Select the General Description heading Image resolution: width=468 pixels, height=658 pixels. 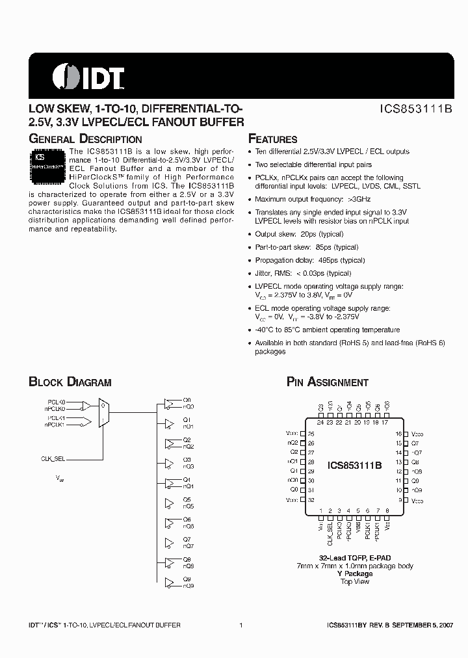(x=85, y=139)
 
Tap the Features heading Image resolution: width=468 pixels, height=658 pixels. (x=273, y=139)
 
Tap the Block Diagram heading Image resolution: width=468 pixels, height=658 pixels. (x=70, y=382)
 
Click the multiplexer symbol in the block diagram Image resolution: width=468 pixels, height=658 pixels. (x=103, y=413)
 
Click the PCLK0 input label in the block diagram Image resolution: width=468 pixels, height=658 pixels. (x=57, y=402)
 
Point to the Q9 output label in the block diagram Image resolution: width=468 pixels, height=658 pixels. (x=187, y=579)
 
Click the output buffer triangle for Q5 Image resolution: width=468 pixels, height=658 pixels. (x=170, y=503)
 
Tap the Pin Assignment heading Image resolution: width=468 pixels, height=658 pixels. (x=328, y=382)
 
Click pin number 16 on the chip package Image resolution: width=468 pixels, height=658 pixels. (x=399, y=433)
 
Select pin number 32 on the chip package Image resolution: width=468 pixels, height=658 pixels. (x=311, y=500)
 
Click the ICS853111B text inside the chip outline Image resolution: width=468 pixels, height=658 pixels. (x=354, y=466)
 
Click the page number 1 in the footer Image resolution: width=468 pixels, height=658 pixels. (x=241, y=625)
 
